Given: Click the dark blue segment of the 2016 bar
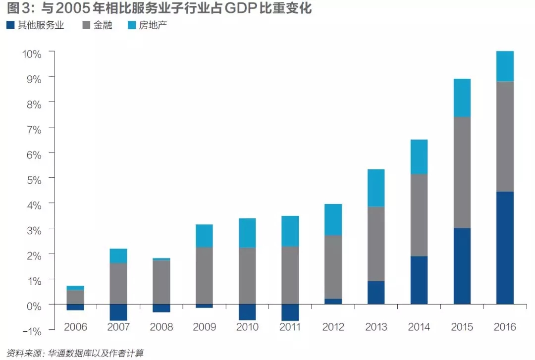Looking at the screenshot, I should coord(505,248).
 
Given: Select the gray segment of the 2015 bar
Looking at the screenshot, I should coord(462,172).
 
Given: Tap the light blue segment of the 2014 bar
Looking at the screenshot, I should coord(419,156).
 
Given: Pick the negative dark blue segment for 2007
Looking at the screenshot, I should coord(118,312).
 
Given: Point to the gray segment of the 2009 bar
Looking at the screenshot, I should coord(204,275).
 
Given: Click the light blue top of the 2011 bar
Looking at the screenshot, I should coord(290,231).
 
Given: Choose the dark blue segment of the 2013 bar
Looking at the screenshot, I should coord(376,292).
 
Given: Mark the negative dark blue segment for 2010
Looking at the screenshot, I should coord(247,311).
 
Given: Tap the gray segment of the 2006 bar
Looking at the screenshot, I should coord(75,297).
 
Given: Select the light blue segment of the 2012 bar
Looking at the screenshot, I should coord(333,219).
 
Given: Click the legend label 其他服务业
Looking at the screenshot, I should coord(41,25).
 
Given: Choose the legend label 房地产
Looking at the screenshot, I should coord(153,25).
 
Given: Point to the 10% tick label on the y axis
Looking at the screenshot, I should coord(31,53).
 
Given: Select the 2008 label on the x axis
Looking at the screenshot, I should coord(161,327).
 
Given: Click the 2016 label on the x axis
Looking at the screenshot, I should coord(505,327).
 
